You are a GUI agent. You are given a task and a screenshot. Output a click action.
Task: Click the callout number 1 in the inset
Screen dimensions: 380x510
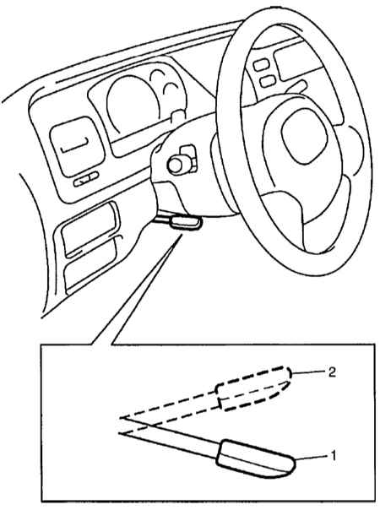click(x=332, y=456)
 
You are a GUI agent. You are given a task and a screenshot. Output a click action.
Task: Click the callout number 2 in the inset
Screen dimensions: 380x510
click(x=331, y=372)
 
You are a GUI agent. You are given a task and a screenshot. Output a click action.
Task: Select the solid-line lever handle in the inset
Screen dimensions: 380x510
click(x=257, y=459)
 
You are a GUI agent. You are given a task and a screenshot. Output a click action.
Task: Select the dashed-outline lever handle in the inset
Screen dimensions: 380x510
click(x=254, y=388)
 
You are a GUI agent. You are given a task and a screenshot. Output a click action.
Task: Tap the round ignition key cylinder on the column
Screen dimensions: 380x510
click(x=176, y=165)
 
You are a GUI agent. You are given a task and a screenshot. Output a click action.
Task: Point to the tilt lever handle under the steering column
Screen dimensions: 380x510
click(x=186, y=224)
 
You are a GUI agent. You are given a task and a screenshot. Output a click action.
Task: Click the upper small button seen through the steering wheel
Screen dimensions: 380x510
click(x=260, y=65)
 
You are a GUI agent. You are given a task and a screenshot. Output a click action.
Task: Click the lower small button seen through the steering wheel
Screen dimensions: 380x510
click(x=268, y=81)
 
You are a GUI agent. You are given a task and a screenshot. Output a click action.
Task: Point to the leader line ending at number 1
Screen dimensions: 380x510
click(x=312, y=458)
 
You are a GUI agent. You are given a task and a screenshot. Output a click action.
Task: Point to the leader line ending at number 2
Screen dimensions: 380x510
click(x=308, y=372)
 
